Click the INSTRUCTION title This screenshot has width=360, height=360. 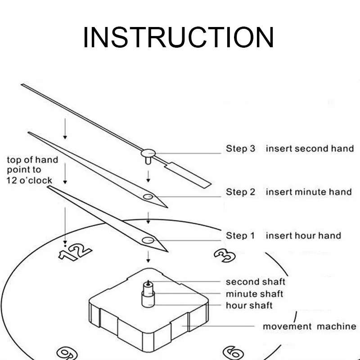[178, 37]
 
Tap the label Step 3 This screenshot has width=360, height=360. [240, 148]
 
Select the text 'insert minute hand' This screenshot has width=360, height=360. [309, 192]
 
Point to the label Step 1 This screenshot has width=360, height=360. [240, 235]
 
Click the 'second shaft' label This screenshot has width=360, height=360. [256, 282]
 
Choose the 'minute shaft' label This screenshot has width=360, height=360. [254, 294]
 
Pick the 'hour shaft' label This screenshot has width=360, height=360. [249, 306]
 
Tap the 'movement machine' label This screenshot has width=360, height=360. [310, 326]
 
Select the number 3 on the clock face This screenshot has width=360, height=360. [225, 256]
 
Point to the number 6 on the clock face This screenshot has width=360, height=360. [233, 353]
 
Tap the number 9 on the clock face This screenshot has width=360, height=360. [67, 354]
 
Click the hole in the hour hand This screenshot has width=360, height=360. [148, 240]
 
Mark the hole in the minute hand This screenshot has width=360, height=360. [148, 197]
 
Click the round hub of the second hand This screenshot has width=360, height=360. [148, 153]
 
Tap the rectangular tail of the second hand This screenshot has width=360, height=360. [188, 175]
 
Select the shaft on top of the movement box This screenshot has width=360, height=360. [148, 294]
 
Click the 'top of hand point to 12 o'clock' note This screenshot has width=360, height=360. [32, 170]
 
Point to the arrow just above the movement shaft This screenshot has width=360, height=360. [148, 257]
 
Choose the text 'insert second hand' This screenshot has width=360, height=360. [310, 148]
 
